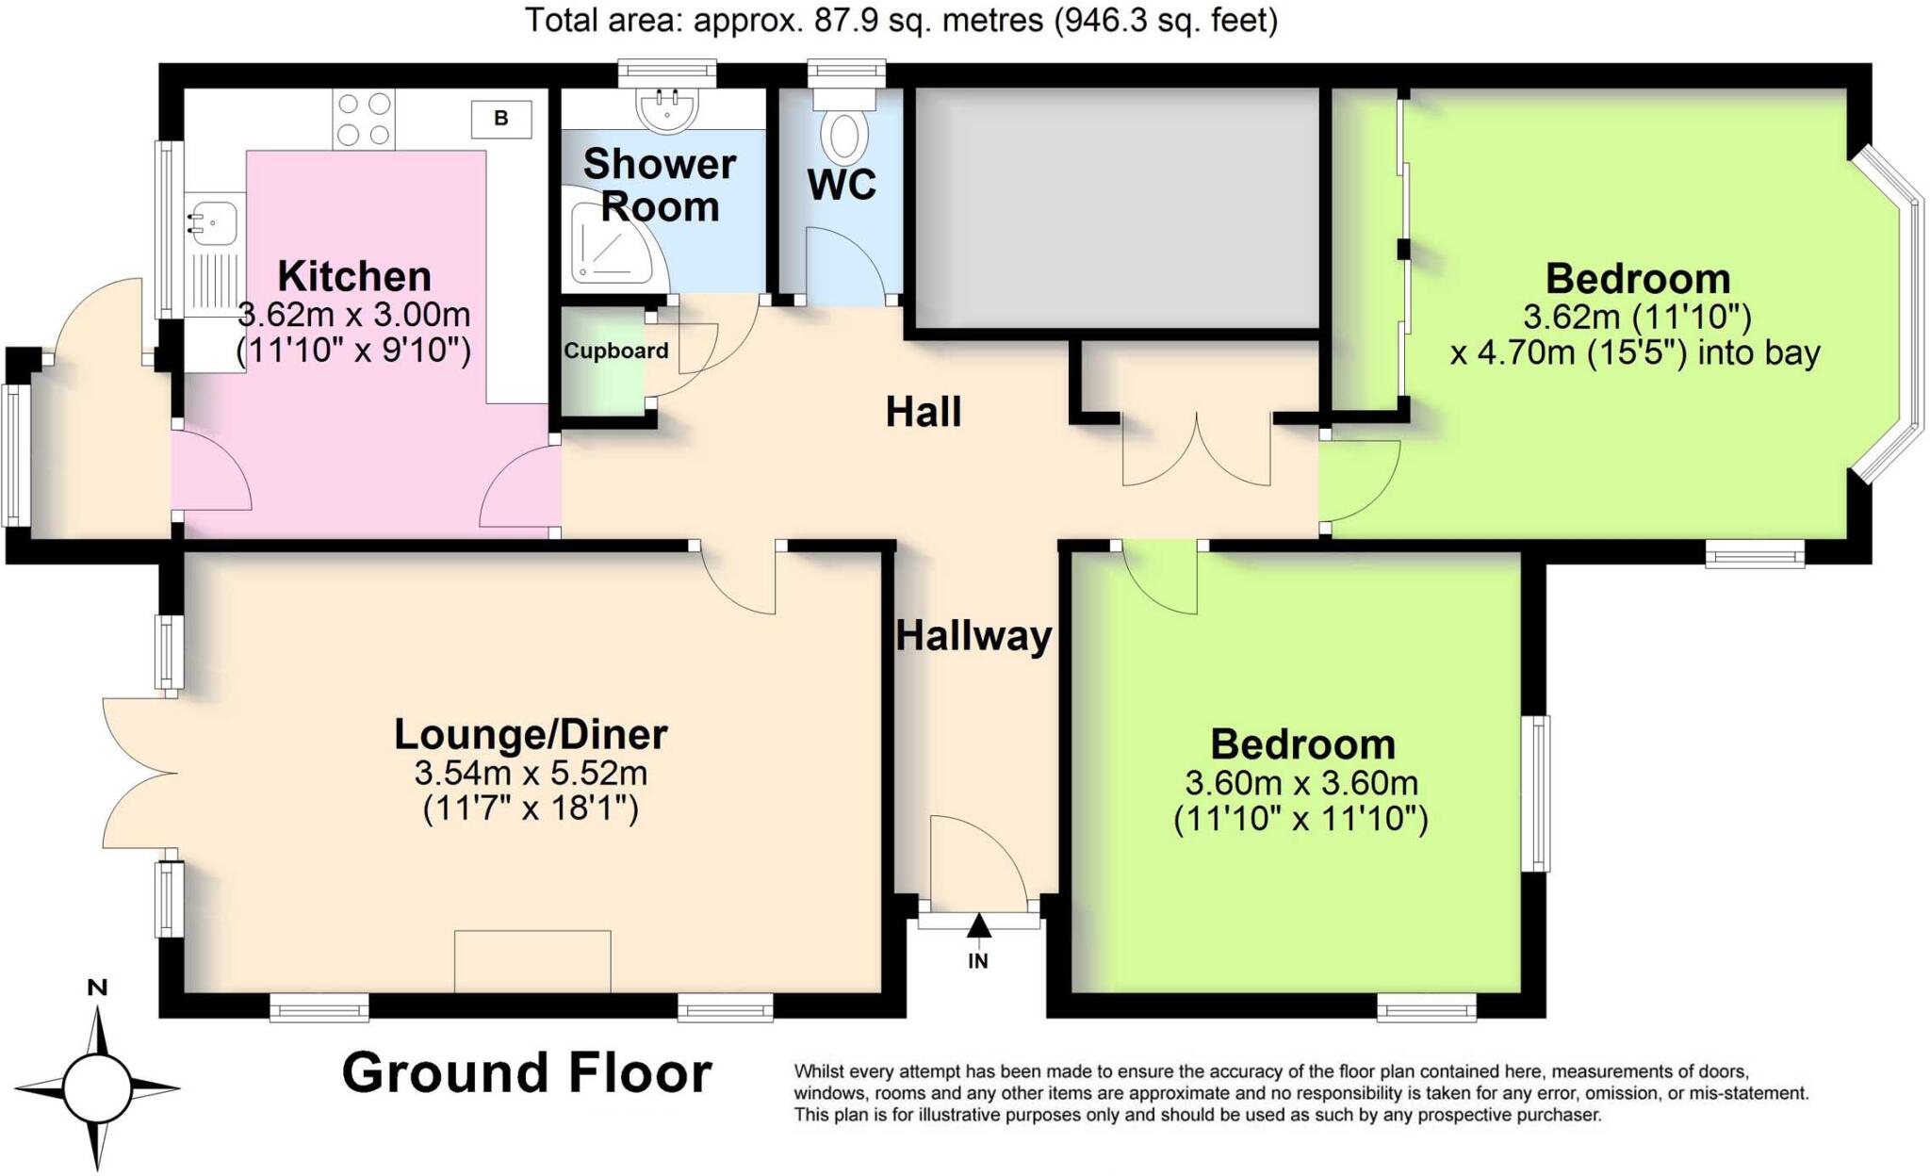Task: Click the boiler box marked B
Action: pyautogui.click(x=501, y=119)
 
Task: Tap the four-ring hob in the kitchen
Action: pyautogui.click(x=364, y=120)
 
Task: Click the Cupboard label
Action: pyautogui.click(x=616, y=351)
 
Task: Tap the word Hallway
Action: pyautogui.click(x=973, y=636)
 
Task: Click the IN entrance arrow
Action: pyautogui.click(x=979, y=927)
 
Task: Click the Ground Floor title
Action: pyautogui.click(x=526, y=1073)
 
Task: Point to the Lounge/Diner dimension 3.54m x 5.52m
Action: pyautogui.click(x=531, y=774)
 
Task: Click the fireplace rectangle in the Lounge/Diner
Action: pyautogui.click(x=532, y=961)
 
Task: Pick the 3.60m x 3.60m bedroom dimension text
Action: pyautogui.click(x=1301, y=783)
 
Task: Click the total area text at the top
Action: pyautogui.click(x=900, y=20)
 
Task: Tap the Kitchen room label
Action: pyautogui.click(x=354, y=277)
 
